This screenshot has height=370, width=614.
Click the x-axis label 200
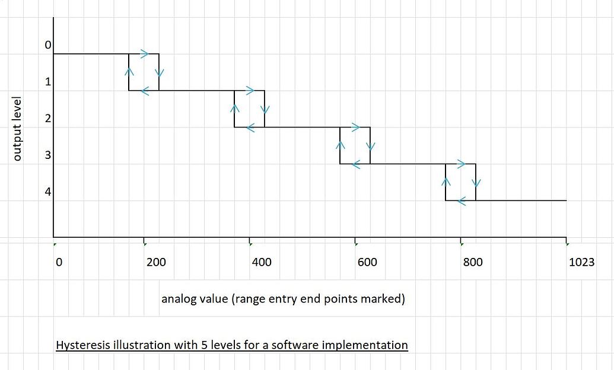coord(156,262)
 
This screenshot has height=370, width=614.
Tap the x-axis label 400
coord(262,262)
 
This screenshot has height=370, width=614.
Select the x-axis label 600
coord(367,262)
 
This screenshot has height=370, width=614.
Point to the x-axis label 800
coord(473,262)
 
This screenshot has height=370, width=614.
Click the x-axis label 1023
coord(581,262)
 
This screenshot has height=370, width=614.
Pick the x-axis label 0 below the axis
coord(58,262)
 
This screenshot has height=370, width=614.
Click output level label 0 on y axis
coord(49,45)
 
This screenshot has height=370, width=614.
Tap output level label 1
coord(49,82)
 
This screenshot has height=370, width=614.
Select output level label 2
coord(49,119)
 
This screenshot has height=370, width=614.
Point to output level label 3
coord(49,155)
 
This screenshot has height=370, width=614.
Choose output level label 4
coord(49,192)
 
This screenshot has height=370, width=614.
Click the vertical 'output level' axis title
coord(17,128)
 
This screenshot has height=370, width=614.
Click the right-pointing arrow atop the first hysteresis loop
coord(145,53)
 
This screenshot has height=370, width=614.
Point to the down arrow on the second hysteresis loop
coord(265,110)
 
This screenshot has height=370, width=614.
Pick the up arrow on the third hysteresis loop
coord(341,145)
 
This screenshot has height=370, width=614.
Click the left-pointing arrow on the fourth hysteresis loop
coord(462,202)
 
